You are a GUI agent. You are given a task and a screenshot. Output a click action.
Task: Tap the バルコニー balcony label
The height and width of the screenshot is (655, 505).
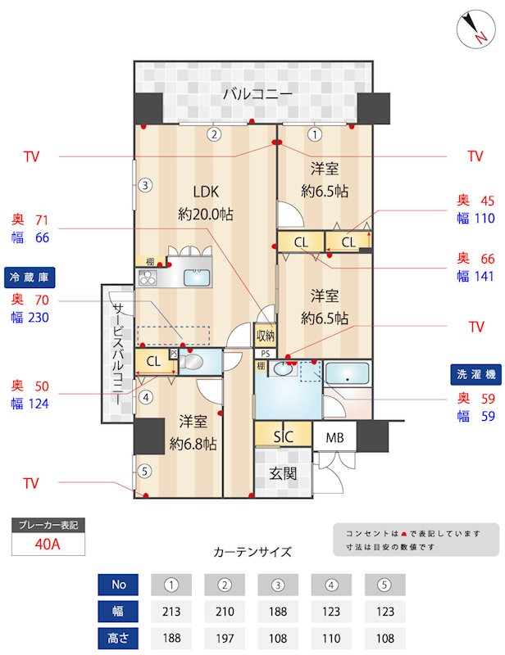(257, 95)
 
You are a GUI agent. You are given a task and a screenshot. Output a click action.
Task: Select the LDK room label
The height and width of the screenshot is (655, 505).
(205, 192)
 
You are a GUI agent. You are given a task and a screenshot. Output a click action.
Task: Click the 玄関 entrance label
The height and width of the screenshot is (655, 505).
(284, 473)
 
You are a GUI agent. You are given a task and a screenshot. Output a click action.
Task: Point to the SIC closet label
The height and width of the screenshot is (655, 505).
(283, 436)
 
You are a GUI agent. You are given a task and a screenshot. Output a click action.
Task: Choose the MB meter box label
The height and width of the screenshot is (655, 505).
(334, 437)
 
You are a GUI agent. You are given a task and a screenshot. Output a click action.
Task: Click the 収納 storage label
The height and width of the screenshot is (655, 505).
(265, 335)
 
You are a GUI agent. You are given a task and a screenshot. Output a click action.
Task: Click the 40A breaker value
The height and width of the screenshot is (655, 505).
(47, 544)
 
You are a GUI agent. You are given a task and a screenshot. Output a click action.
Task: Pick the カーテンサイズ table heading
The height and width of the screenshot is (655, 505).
(252, 552)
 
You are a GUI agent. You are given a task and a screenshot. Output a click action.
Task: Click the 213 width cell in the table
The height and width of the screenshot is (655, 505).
(171, 611)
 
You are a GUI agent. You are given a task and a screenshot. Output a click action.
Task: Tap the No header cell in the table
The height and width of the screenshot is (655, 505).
(119, 585)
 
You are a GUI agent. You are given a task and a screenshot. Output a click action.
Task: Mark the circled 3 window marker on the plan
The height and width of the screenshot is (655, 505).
(144, 185)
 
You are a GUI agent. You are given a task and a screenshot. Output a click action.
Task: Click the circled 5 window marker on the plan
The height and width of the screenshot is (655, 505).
(144, 471)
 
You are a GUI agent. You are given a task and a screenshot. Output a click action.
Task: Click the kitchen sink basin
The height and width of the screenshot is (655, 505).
(198, 278)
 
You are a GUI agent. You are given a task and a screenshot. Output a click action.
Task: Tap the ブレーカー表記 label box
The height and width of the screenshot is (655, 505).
(47, 525)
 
